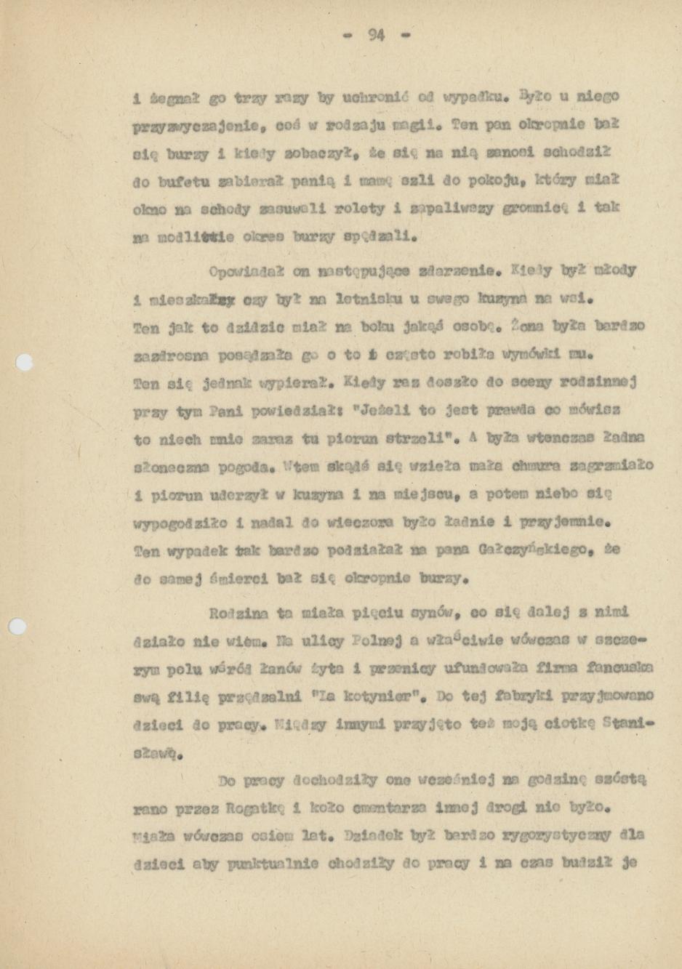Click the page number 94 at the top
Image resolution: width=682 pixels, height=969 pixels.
click(x=376, y=34)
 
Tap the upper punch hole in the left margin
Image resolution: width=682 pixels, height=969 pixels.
click(x=25, y=362)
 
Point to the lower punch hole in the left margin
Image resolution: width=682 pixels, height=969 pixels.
click(x=17, y=626)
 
